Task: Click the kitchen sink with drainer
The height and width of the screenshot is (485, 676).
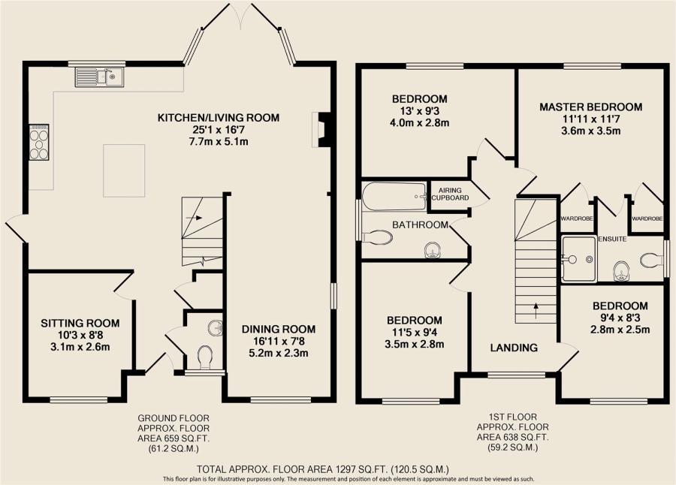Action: (x=100, y=77)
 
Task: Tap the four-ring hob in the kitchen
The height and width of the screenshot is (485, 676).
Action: (x=39, y=142)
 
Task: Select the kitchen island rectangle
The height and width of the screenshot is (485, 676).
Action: (x=124, y=170)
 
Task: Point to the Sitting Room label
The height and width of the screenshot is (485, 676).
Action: (x=80, y=323)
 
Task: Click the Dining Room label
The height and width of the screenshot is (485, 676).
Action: (x=279, y=329)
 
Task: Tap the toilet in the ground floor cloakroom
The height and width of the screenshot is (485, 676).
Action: (x=205, y=358)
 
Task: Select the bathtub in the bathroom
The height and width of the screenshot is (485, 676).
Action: (x=394, y=197)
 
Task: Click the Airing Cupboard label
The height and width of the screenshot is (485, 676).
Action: (x=450, y=194)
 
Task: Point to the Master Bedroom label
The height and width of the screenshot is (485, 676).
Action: (x=590, y=107)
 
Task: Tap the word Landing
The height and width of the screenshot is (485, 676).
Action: (x=514, y=348)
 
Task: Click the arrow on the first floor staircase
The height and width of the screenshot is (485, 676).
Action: (x=536, y=312)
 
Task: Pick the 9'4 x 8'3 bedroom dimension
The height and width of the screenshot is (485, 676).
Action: (x=620, y=318)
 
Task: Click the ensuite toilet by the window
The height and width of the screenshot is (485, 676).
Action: (x=652, y=260)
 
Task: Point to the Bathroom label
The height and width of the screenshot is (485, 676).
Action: (x=420, y=224)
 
